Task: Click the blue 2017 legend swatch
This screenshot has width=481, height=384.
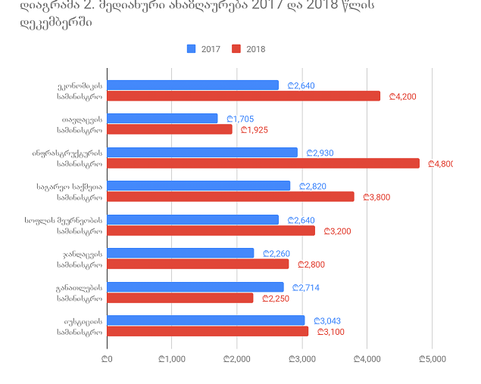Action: (191, 49)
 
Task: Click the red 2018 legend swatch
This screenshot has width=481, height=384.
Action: (236, 49)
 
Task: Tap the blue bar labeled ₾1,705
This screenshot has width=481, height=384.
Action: (163, 119)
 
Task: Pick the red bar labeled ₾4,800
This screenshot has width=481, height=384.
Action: (264, 163)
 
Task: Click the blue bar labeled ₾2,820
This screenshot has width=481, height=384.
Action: (199, 186)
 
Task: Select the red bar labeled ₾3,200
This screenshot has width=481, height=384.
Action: (211, 231)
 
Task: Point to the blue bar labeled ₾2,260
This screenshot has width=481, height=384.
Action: (181, 253)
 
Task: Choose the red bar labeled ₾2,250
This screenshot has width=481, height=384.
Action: (181, 298)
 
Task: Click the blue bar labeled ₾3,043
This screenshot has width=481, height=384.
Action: (206, 321)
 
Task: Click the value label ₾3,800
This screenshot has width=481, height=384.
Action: (376, 197)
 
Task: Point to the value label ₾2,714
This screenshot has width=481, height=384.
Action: (306, 287)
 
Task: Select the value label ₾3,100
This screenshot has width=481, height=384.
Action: (330, 332)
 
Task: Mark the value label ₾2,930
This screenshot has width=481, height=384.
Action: (320, 153)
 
